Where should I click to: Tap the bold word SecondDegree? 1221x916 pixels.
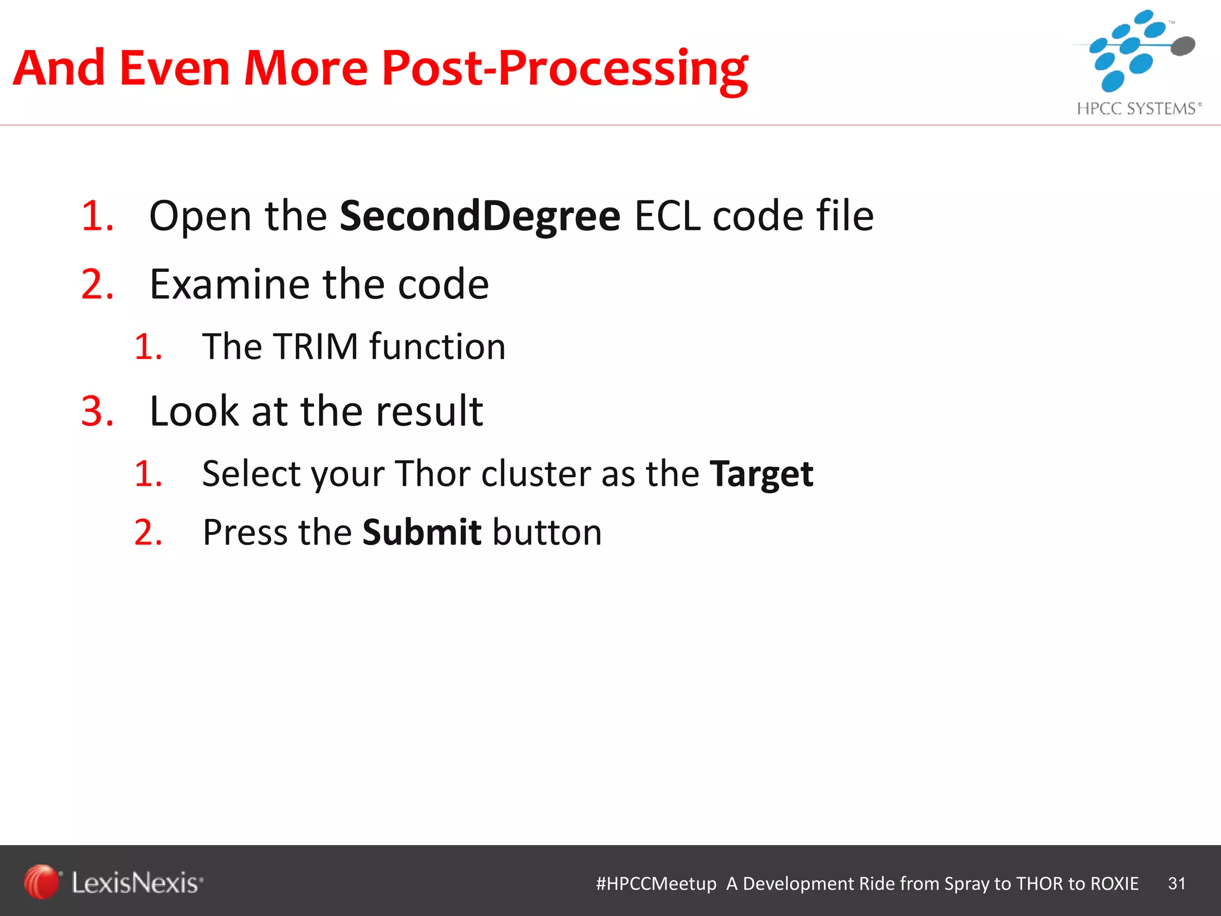pos(480,216)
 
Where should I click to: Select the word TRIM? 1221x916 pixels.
pos(315,346)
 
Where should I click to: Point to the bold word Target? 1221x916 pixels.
pos(761,475)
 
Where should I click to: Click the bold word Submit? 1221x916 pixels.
pos(422,533)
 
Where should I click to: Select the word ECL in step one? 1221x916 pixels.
pos(667,216)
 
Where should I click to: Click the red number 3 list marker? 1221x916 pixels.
pos(97,411)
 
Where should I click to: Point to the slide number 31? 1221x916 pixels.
pos(1176,883)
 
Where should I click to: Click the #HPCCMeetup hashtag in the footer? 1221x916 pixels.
pos(656,883)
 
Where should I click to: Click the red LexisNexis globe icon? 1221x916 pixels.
pos(41,881)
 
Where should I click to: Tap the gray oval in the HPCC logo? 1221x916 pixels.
pos(1183,45)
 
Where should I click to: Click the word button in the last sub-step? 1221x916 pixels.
pos(547,533)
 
